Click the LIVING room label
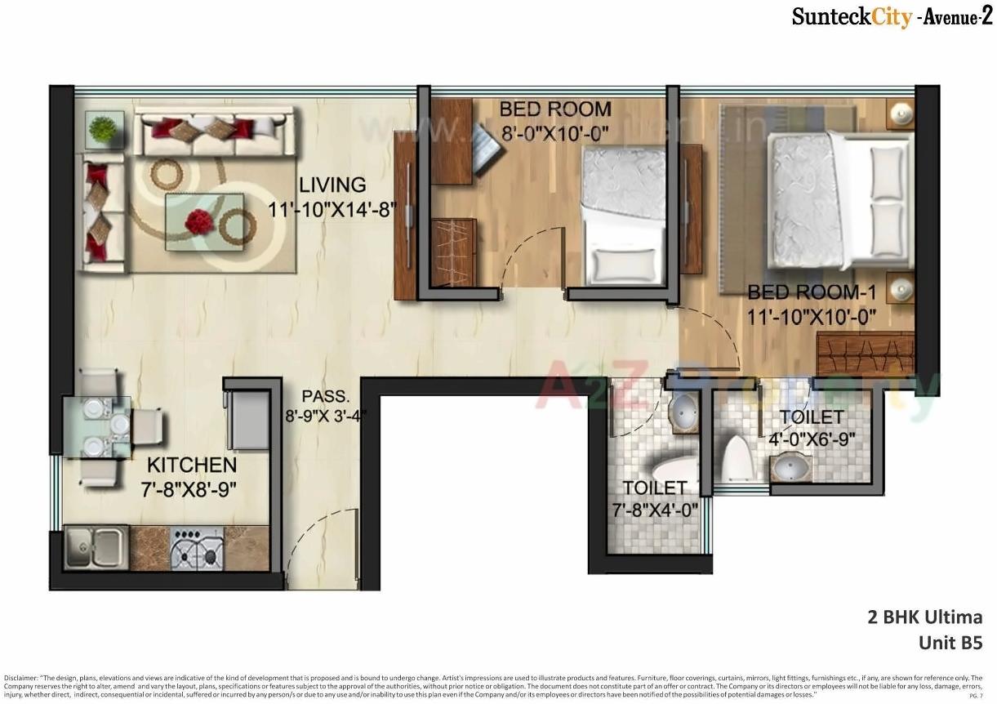coord(332,185)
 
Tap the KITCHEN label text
coord(192,466)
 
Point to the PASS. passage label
coord(325,397)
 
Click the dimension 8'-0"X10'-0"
coord(555,133)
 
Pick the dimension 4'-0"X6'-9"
coord(812,439)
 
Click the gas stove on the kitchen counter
coord(198,547)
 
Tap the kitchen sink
coord(96,546)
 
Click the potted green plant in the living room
coord(103,129)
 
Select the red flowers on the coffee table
coord(198,220)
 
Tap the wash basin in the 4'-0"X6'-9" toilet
coord(790,468)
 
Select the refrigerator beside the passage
coord(248,420)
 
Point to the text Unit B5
coord(950,642)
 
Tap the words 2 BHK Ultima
coord(924,617)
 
